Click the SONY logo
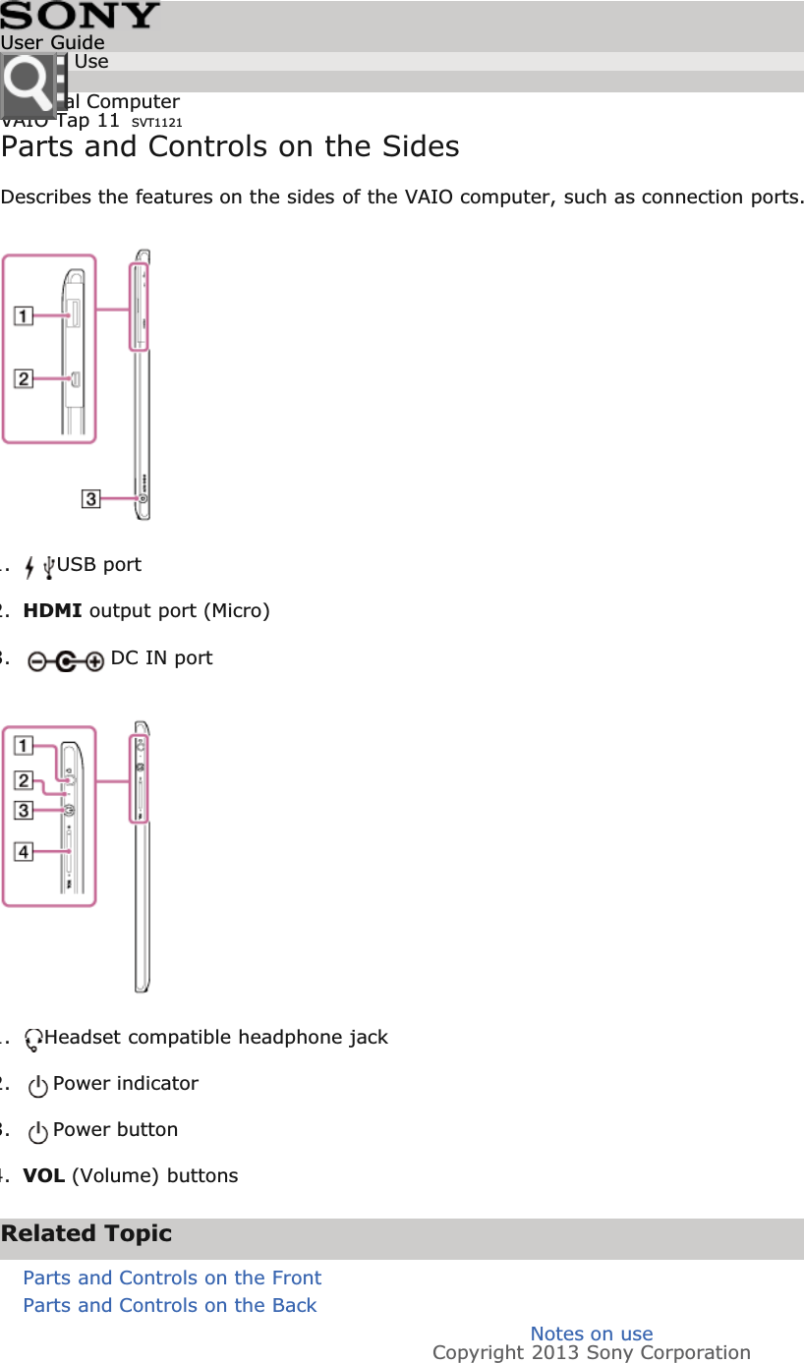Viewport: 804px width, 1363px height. coord(80,16)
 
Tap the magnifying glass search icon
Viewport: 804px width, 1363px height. coord(28,86)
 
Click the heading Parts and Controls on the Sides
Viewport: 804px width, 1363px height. coord(230,147)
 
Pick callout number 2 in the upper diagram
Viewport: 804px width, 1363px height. coord(23,378)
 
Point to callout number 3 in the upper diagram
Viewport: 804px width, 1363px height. coord(90,499)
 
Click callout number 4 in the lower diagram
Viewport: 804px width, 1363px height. coord(23,851)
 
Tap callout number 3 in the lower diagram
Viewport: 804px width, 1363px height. coord(23,810)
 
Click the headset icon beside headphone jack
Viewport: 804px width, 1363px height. coord(34,1039)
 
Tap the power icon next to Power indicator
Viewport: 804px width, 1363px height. coord(38,1086)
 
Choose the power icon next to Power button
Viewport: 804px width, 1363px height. coord(38,1132)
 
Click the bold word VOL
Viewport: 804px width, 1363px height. coord(44,1176)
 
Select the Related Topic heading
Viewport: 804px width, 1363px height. coord(86,1234)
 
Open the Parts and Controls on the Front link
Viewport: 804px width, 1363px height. coord(172,1278)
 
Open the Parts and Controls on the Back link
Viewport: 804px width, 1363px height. coord(169,1305)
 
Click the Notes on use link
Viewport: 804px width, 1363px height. coord(592,1334)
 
